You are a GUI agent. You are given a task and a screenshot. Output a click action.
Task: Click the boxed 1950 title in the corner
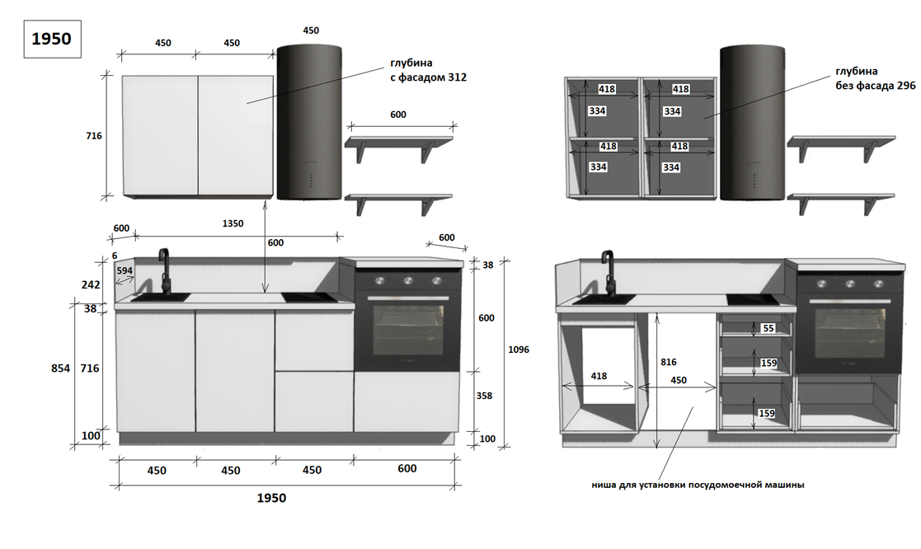click(51, 39)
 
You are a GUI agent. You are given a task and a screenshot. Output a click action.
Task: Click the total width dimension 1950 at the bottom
click(271, 498)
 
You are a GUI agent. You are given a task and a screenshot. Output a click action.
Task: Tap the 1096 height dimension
click(519, 350)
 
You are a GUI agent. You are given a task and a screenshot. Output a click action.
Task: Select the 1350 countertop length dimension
click(233, 223)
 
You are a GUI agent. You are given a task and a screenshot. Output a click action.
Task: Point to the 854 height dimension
click(61, 368)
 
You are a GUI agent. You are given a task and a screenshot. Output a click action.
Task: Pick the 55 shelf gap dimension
click(768, 328)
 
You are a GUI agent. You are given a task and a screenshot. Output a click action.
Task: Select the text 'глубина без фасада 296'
click(867, 78)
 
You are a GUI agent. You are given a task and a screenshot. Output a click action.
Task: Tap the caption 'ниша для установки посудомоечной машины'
click(698, 485)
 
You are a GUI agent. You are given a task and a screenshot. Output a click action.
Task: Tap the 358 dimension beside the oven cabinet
click(484, 396)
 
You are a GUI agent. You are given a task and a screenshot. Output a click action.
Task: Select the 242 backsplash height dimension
click(91, 284)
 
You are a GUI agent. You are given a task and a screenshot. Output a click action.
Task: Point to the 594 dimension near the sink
click(125, 270)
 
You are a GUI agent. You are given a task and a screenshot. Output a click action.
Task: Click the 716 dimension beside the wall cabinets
click(93, 135)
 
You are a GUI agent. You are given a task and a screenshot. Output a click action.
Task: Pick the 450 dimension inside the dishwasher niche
click(678, 380)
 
